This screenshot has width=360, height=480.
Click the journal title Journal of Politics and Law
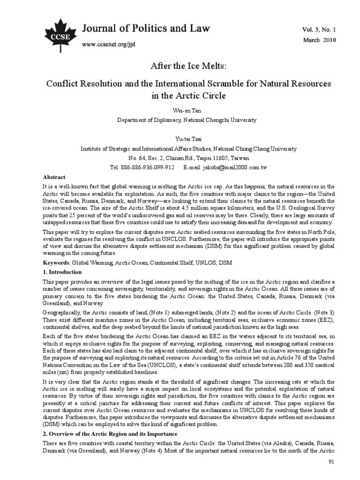pyautogui.click(x=146, y=29)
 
